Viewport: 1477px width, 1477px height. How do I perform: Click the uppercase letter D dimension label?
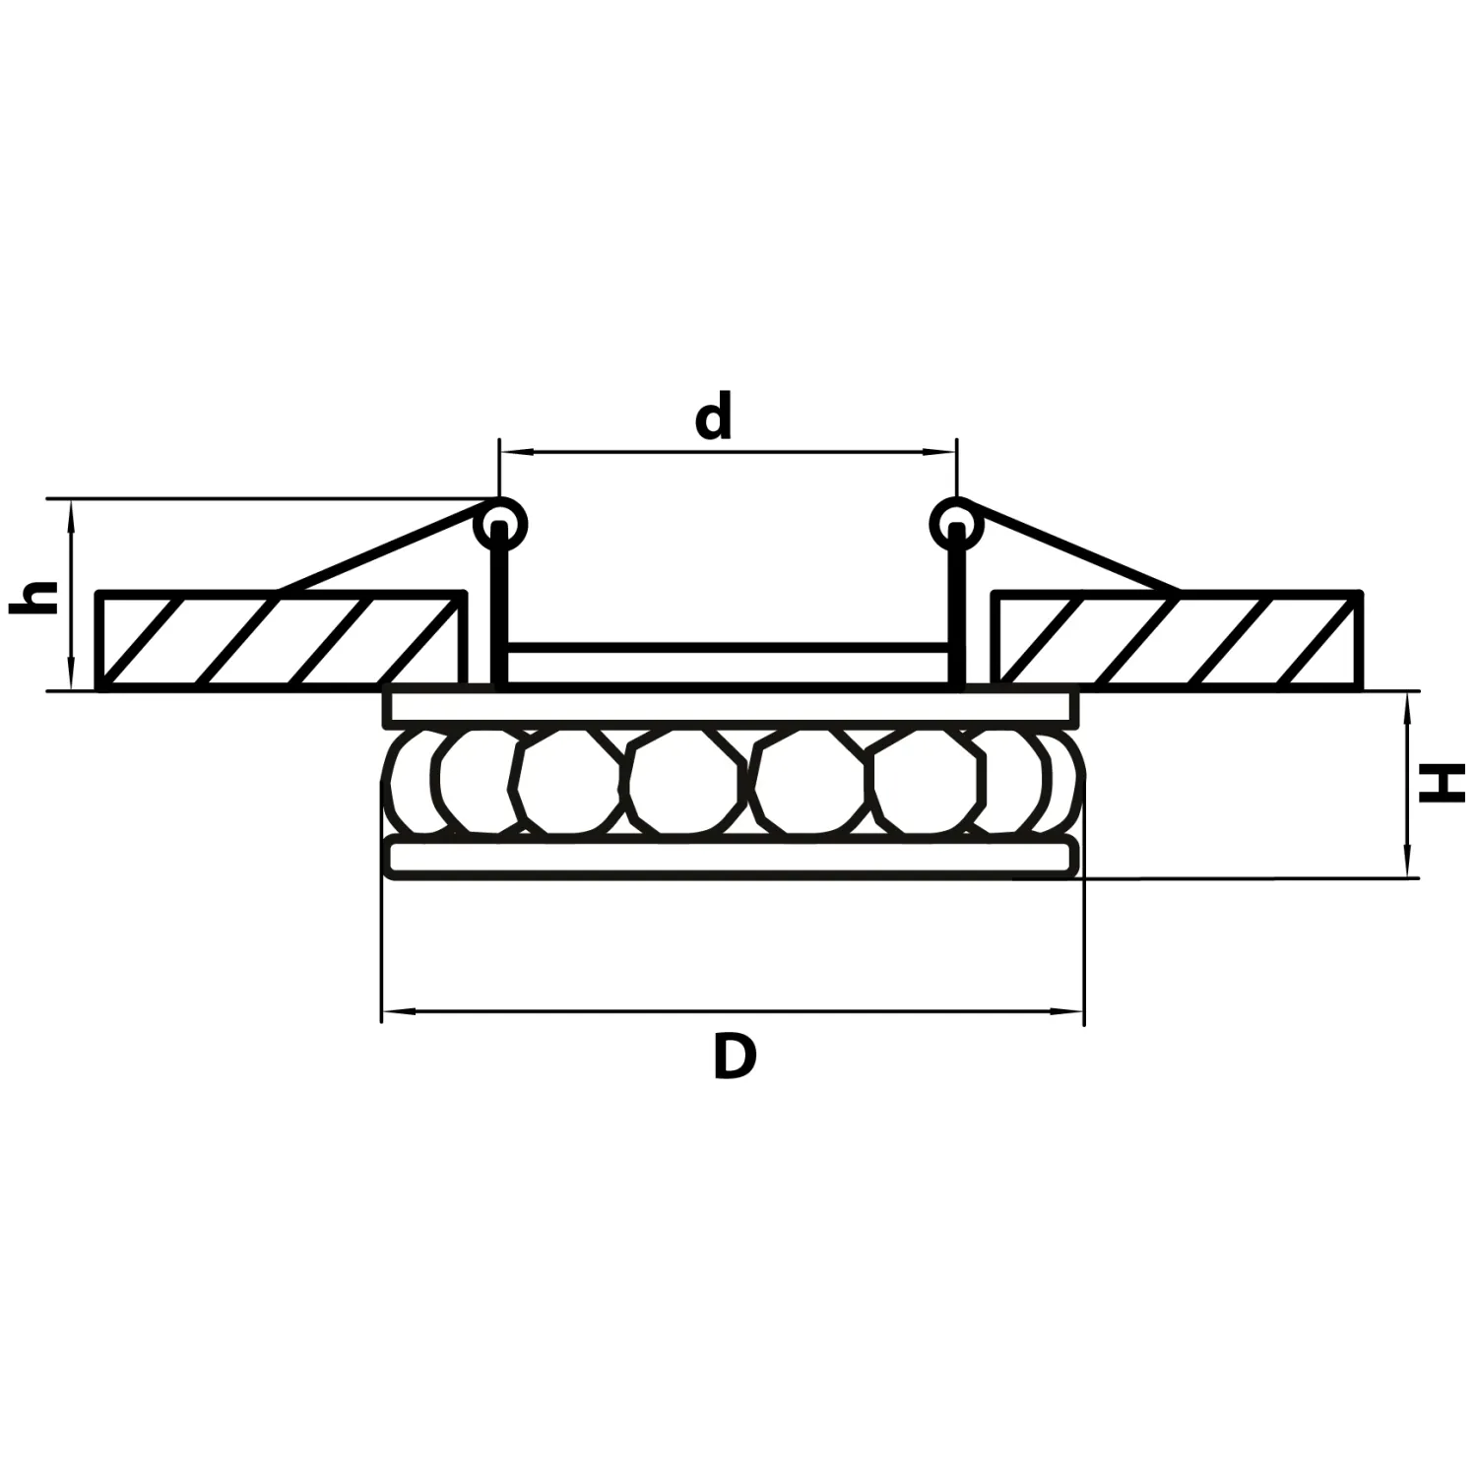(x=735, y=1059)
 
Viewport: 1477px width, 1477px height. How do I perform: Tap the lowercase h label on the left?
(x=33, y=598)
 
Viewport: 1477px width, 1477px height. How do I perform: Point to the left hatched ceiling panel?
(x=281, y=640)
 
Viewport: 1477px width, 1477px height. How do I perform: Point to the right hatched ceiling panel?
(x=1177, y=640)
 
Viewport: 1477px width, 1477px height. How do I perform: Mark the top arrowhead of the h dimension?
(x=71, y=510)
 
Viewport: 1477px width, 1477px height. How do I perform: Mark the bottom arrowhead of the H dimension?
(x=1409, y=867)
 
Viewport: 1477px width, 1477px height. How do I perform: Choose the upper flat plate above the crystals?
(x=731, y=709)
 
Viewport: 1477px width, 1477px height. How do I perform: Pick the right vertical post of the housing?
(x=956, y=610)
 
